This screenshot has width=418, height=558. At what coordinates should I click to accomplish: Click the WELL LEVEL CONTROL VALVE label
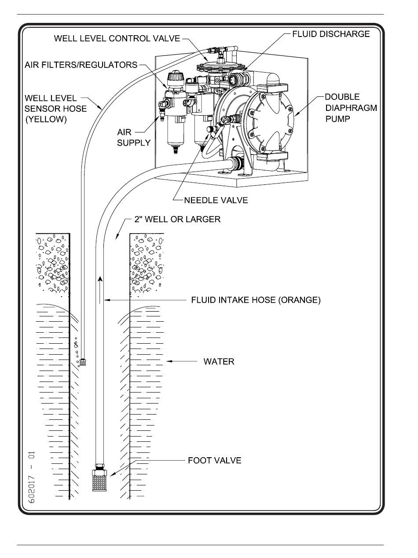117,38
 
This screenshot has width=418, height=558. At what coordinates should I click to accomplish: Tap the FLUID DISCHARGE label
331,34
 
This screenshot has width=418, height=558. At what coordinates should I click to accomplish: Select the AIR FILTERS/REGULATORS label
81,65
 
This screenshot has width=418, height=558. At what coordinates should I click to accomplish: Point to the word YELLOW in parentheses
46,119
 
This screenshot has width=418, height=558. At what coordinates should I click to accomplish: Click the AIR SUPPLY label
134,137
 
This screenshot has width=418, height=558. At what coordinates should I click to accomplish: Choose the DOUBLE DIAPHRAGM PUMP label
350,108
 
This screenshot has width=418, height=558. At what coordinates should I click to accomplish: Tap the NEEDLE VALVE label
216,200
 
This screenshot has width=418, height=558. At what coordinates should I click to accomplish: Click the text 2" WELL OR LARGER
177,219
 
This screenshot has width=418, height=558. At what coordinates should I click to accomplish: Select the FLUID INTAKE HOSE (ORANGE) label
256,300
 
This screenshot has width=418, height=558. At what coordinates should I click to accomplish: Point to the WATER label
219,362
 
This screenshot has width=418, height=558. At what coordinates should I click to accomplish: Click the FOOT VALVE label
214,461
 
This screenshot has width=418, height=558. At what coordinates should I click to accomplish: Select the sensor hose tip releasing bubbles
82,363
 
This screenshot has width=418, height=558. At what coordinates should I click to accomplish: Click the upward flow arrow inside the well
100,288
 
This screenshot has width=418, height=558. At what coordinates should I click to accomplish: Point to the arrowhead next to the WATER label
169,362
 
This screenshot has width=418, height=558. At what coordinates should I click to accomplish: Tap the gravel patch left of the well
53,264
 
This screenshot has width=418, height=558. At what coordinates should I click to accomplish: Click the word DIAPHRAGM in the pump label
350,108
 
